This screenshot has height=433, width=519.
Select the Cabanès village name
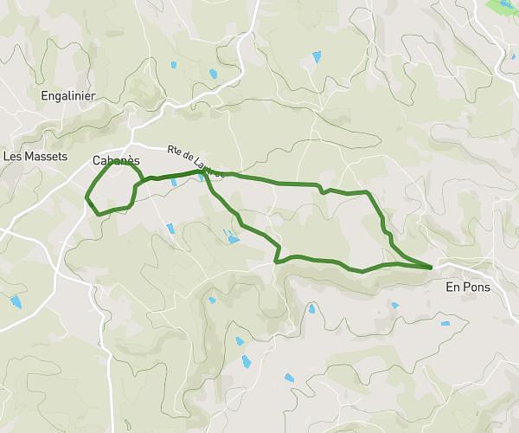click(116, 160)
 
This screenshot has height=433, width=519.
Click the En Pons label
click(467, 287)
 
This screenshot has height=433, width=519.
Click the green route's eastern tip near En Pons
click(431, 268)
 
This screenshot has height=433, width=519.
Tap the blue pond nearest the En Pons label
click(394, 305)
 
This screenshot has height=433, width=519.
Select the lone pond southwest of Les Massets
click(16, 302)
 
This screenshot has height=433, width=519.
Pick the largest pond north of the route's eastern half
click(317, 58)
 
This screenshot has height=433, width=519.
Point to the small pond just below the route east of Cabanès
click(174, 183)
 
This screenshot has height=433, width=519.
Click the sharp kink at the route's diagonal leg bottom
click(276, 260)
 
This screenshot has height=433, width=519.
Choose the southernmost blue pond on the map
click(289, 378)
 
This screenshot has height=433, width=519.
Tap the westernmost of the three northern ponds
click(173, 64)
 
